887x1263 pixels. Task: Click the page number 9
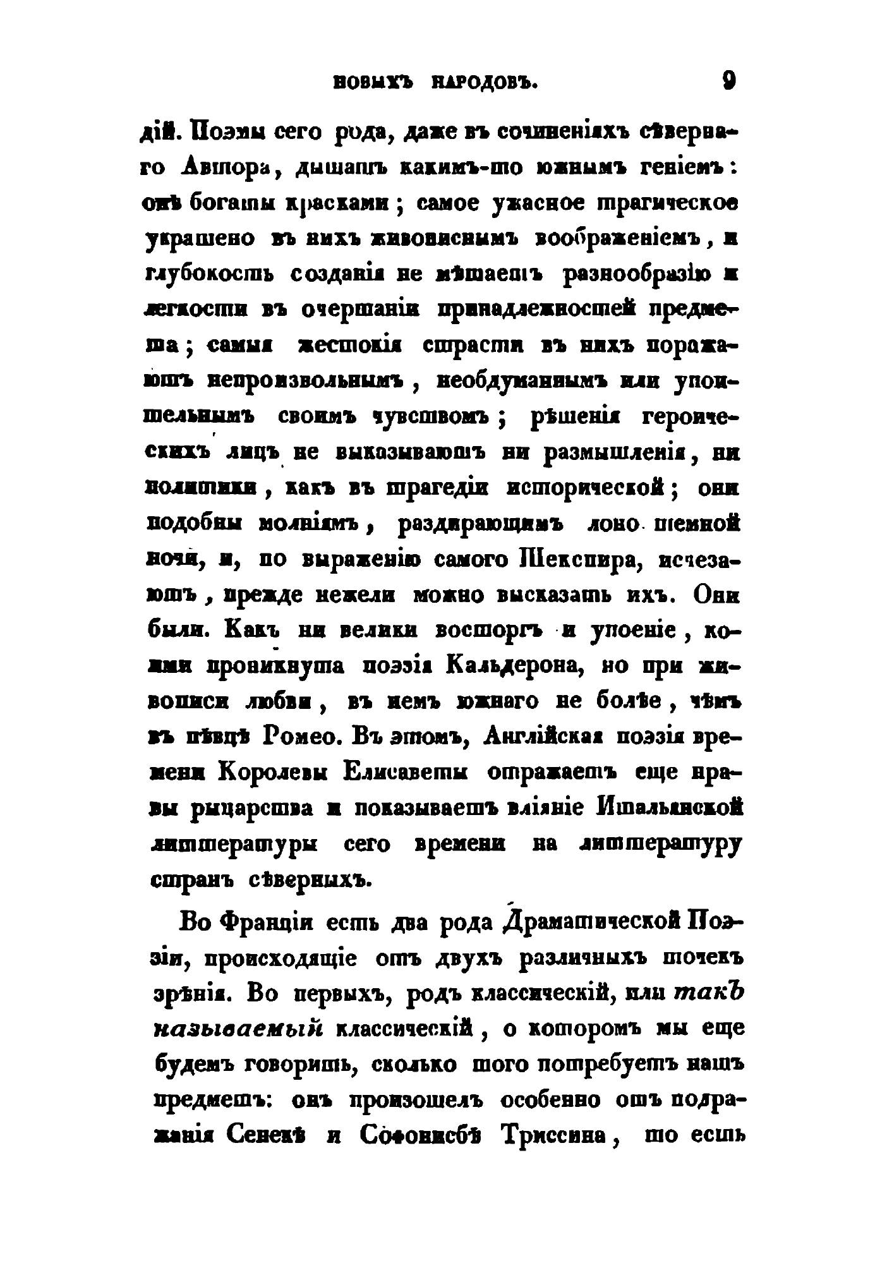729,82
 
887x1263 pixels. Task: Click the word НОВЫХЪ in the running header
371,83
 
